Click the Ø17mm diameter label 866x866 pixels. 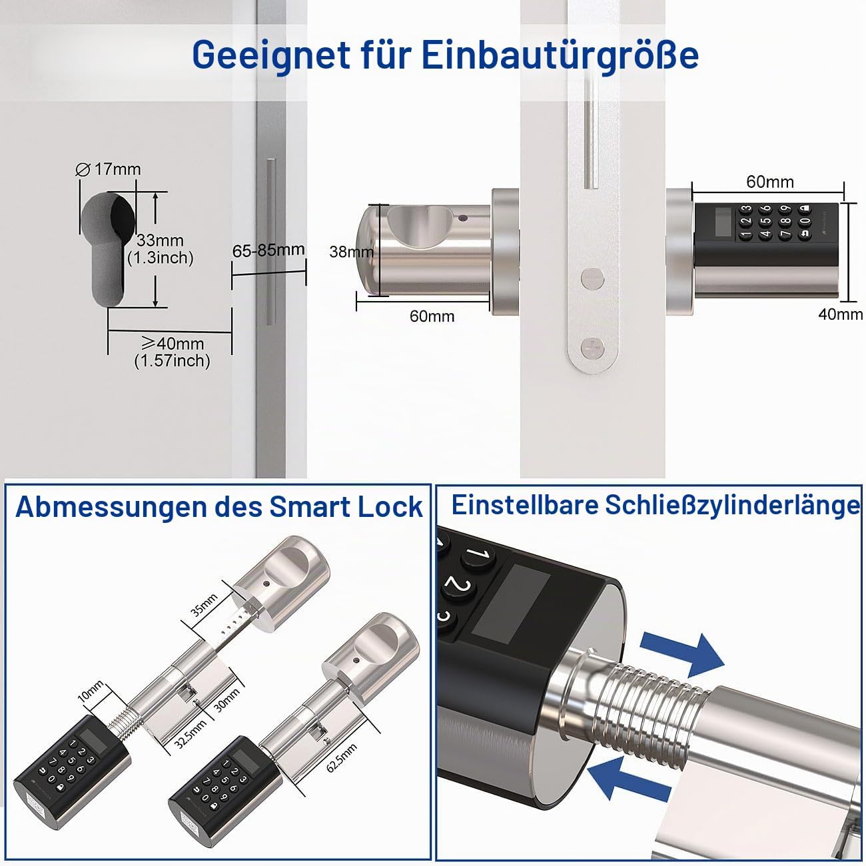[109, 169]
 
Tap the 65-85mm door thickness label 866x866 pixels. [268, 250]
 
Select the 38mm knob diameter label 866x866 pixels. [351, 252]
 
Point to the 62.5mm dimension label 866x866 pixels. [342, 758]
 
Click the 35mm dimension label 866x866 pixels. [204, 605]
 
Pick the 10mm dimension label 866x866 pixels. [91, 691]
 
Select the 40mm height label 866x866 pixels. [840, 314]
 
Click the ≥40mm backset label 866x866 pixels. [172, 352]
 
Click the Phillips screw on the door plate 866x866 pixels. [592, 348]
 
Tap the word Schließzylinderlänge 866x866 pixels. [733, 506]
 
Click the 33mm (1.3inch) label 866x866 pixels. [161, 249]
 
